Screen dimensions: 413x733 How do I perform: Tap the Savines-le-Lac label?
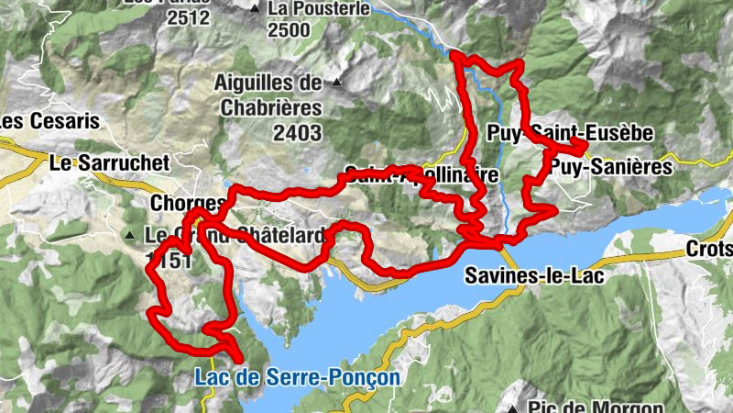point(523,275)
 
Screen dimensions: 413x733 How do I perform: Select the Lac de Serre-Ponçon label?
point(297,377)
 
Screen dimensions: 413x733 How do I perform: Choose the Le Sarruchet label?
point(109,163)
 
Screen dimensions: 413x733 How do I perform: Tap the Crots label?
point(711,250)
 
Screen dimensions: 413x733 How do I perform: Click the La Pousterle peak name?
point(319,9)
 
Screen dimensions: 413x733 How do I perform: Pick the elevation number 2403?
point(297,133)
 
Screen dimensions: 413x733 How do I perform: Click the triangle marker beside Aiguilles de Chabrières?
point(337,84)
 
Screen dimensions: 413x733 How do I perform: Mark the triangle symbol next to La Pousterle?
point(254,9)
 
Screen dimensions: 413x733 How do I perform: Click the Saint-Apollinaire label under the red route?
point(421,175)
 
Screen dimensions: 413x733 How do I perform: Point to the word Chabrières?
point(270,107)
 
